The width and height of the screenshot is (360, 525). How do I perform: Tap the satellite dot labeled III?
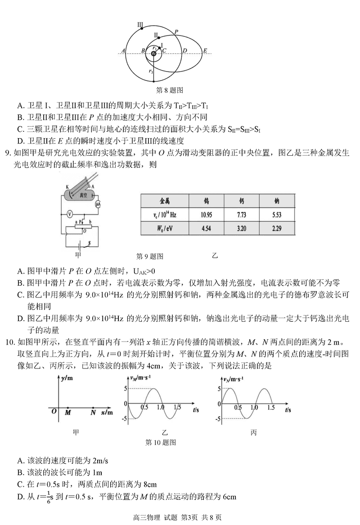(x=142, y=28)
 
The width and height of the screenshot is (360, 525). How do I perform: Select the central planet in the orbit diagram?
(x=154, y=54)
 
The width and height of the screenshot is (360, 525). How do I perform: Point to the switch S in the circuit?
(x=89, y=243)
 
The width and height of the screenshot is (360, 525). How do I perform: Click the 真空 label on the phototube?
(x=83, y=195)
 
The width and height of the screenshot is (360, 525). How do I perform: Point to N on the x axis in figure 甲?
(x=93, y=412)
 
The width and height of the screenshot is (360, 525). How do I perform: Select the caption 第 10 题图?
(x=161, y=442)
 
